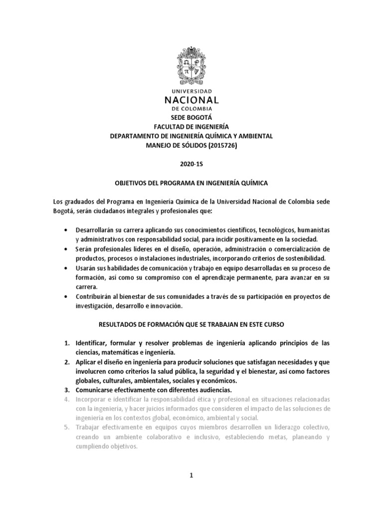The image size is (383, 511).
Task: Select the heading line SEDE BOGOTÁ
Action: [191, 118]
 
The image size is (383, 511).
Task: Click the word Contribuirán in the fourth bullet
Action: [95, 297]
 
